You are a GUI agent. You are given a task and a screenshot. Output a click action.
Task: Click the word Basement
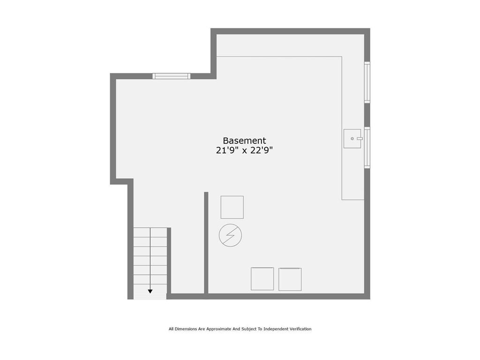pos(244,141)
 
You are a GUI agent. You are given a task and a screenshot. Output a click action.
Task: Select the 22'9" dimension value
pos(262,150)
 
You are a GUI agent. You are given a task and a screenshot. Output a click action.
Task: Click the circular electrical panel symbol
pos(230,235)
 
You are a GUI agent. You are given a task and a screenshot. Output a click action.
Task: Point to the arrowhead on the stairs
pos(150,292)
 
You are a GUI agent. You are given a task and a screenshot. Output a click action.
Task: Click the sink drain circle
pos(352,139)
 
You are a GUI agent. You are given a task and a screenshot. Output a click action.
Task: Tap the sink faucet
pos(360,139)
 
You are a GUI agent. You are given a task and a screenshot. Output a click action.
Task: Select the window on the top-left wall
pos(172,76)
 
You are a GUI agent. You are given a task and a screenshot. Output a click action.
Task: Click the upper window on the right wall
pos(367,82)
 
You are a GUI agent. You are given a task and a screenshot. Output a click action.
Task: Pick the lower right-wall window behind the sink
pos(367,148)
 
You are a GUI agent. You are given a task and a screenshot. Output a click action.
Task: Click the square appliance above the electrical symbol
pos(232,207)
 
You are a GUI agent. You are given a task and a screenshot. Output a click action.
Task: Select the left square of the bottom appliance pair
pos(262,279)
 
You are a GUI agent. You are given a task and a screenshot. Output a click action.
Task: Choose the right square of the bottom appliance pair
pos(290,279)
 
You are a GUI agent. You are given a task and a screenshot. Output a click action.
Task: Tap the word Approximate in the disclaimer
pos(218,329)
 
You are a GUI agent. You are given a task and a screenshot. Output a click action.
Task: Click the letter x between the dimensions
pos(245,151)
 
